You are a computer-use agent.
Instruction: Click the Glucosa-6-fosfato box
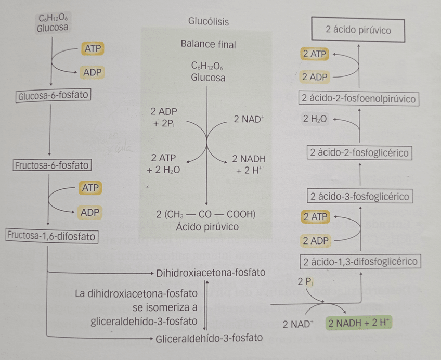pos(53,96)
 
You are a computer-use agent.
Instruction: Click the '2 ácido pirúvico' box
pos(358,30)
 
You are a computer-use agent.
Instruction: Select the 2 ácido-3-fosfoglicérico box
pos(360,197)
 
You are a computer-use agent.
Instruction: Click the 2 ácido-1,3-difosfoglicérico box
pos(360,262)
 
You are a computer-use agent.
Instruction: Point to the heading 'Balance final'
pos(208,45)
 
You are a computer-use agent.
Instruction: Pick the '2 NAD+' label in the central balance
pos(249,119)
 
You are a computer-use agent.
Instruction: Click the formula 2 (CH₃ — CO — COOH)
pos(206,214)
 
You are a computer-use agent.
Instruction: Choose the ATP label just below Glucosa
pos(93,49)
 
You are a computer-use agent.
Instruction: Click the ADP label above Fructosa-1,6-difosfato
pos(90,212)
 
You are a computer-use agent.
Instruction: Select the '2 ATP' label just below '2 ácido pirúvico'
pos(314,54)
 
